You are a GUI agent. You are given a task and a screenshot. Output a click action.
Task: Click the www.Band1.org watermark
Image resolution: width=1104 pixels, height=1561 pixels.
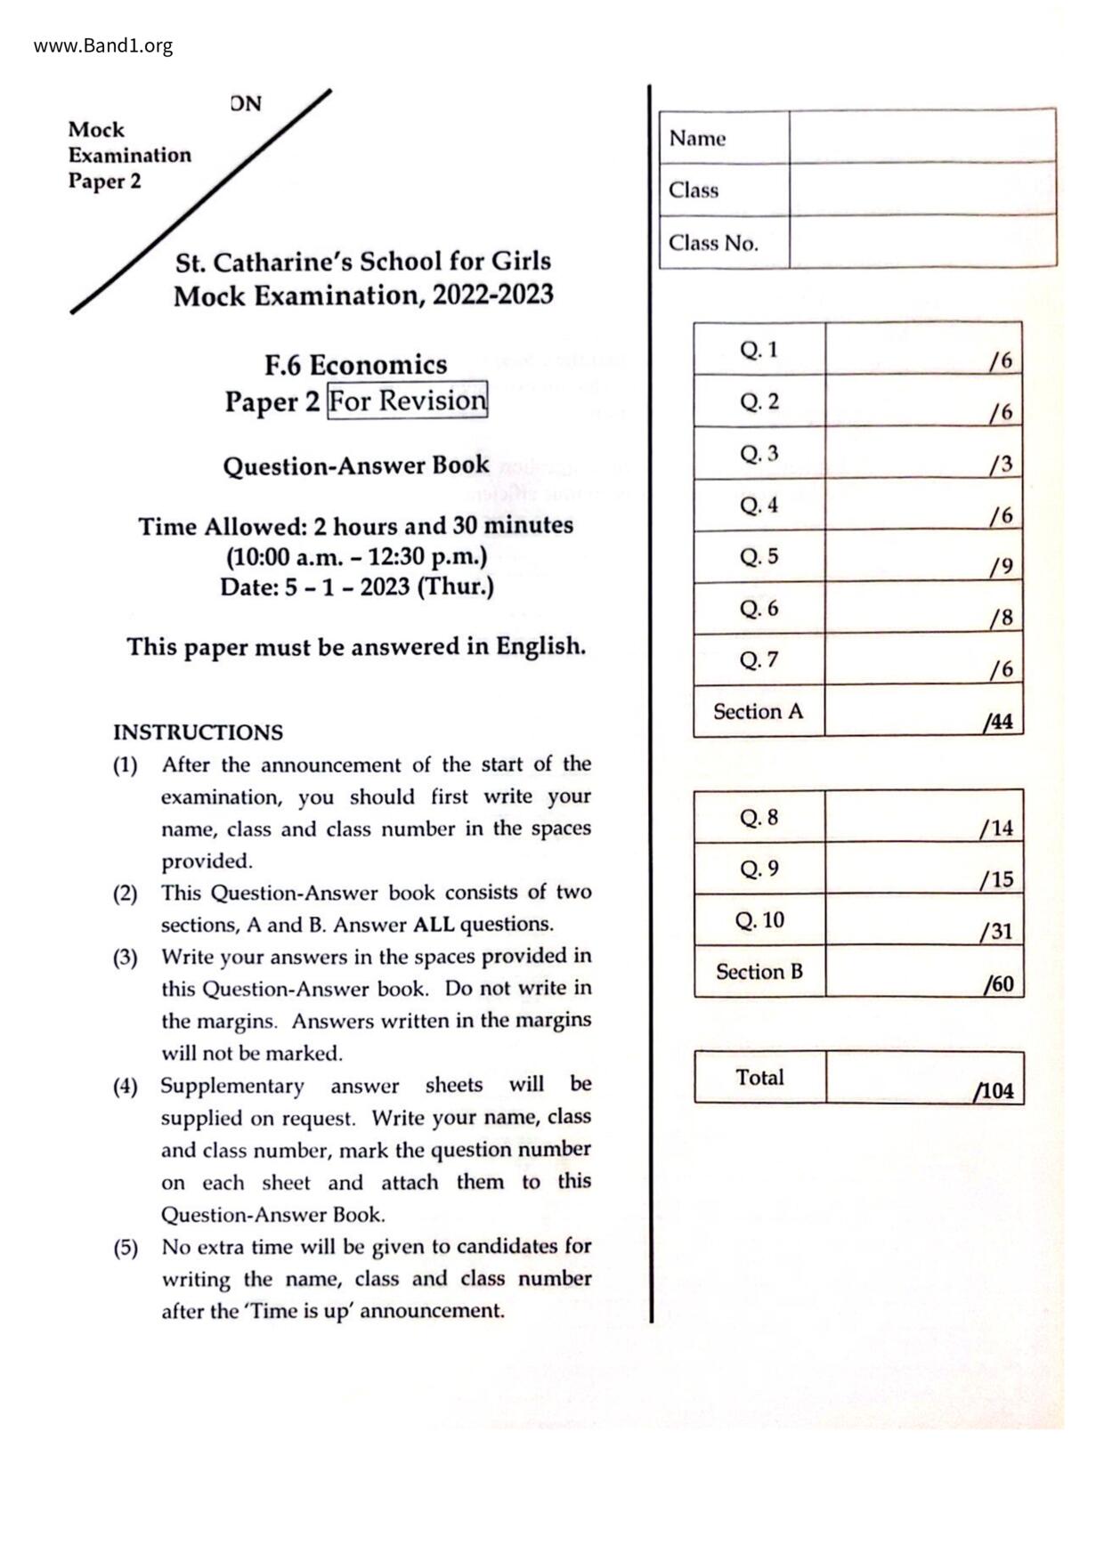tap(103, 45)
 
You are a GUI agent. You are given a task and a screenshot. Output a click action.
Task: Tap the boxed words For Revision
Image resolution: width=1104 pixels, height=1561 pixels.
tap(408, 400)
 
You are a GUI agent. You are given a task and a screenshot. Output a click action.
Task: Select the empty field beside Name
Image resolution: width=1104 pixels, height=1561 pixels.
tap(922, 137)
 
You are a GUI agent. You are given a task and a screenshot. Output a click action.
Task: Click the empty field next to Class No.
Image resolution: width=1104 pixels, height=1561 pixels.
tap(922, 241)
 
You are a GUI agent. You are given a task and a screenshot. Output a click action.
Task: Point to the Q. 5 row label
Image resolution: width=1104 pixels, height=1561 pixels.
tap(759, 557)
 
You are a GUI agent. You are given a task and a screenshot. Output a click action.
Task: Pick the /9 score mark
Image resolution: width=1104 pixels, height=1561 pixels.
tap(1001, 567)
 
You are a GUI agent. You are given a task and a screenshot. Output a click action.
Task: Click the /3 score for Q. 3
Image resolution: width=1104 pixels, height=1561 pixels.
tap(1001, 464)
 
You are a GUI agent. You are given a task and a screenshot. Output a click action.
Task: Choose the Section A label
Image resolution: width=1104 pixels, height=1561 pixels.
tap(758, 711)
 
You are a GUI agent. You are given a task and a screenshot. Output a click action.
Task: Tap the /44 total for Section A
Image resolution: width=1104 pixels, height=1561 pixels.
tap(998, 722)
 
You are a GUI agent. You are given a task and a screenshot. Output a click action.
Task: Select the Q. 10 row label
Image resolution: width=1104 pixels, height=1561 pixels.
tap(759, 920)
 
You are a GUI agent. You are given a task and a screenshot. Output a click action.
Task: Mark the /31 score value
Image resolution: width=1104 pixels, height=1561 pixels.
tap(996, 932)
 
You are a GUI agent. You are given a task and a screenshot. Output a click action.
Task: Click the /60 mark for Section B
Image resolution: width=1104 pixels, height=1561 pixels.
tap(998, 984)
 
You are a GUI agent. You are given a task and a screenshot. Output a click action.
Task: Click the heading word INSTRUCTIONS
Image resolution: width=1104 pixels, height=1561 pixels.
tap(198, 732)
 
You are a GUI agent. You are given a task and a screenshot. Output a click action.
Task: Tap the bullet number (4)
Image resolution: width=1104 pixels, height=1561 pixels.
tap(125, 1086)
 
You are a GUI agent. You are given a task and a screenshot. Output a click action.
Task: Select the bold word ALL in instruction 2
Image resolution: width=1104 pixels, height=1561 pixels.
tap(434, 925)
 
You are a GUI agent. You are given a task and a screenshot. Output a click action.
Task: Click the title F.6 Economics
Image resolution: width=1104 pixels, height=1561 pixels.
tap(355, 365)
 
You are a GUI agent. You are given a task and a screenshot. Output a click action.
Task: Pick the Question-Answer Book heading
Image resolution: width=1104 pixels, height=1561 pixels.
tap(355, 465)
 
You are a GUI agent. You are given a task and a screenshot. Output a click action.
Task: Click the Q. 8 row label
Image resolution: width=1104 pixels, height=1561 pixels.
tap(759, 817)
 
